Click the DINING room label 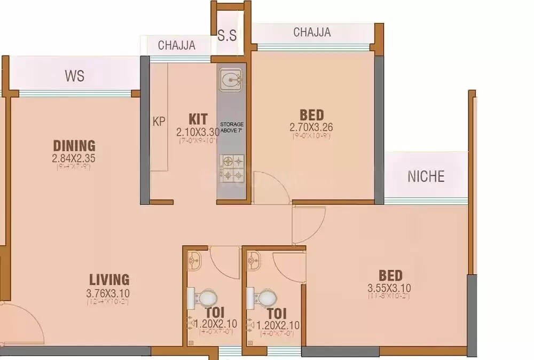[x=74, y=145]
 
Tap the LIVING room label [x=109, y=279]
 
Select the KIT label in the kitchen [x=198, y=118]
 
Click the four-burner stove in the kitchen [x=232, y=168]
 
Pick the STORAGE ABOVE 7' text [x=232, y=127]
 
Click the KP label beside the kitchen [x=159, y=121]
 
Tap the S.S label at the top [x=227, y=35]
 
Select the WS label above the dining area [x=75, y=76]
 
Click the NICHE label [x=426, y=177]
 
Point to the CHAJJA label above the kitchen [x=177, y=45]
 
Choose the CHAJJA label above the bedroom [x=312, y=33]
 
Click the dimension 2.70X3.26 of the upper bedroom [x=311, y=127]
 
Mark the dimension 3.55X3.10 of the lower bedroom [x=389, y=288]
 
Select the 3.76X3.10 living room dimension [x=108, y=293]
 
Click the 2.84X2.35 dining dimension [x=74, y=158]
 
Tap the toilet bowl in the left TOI [x=206, y=297]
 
